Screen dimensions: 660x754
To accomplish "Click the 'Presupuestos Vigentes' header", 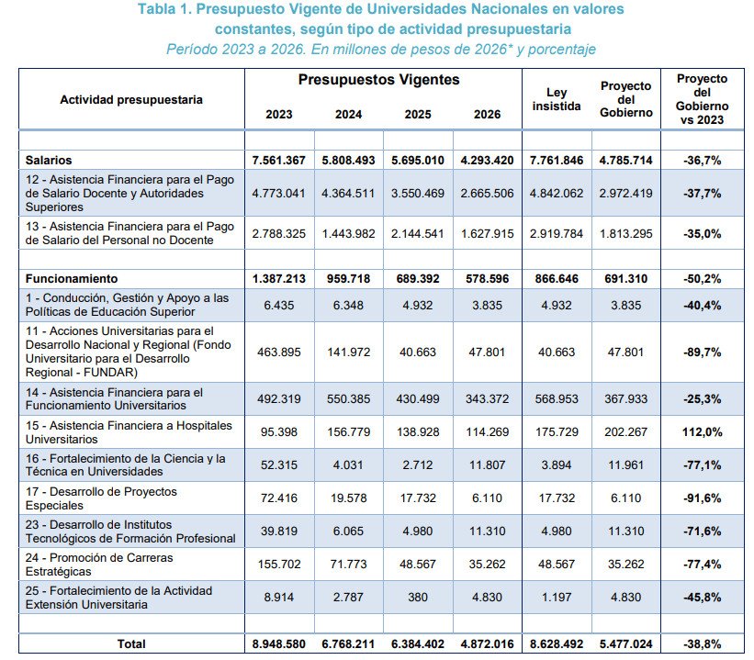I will pyautogui.click(x=378, y=80).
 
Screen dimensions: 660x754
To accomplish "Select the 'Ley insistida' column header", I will pyautogui.click(x=557, y=99).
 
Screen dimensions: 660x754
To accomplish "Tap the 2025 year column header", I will pyautogui.click(x=418, y=115).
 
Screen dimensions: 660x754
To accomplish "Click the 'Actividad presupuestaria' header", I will pyautogui.click(x=131, y=99).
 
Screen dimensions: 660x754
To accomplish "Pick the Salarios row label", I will pyautogui.click(x=50, y=160).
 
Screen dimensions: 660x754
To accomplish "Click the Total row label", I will pyautogui.click(x=131, y=644).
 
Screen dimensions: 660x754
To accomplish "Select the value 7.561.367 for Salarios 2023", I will pyautogui.click(x=279, y=160).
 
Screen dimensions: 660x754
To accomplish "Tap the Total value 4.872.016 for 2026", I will pyautogui.click(x=488, y=644).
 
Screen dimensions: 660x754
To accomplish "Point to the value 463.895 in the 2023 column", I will pyautogui.click(x=279, y=352).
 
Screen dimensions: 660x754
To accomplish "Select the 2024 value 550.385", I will pyautogui.click(x=348, y=397).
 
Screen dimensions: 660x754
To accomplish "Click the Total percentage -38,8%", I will pyautogui.click(x=702, y=644).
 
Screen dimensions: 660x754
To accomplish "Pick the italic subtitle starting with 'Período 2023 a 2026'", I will pyautogui.click(x=380, y=49).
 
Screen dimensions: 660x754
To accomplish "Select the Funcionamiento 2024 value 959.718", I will pyautogui.click(x=348, y=277).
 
